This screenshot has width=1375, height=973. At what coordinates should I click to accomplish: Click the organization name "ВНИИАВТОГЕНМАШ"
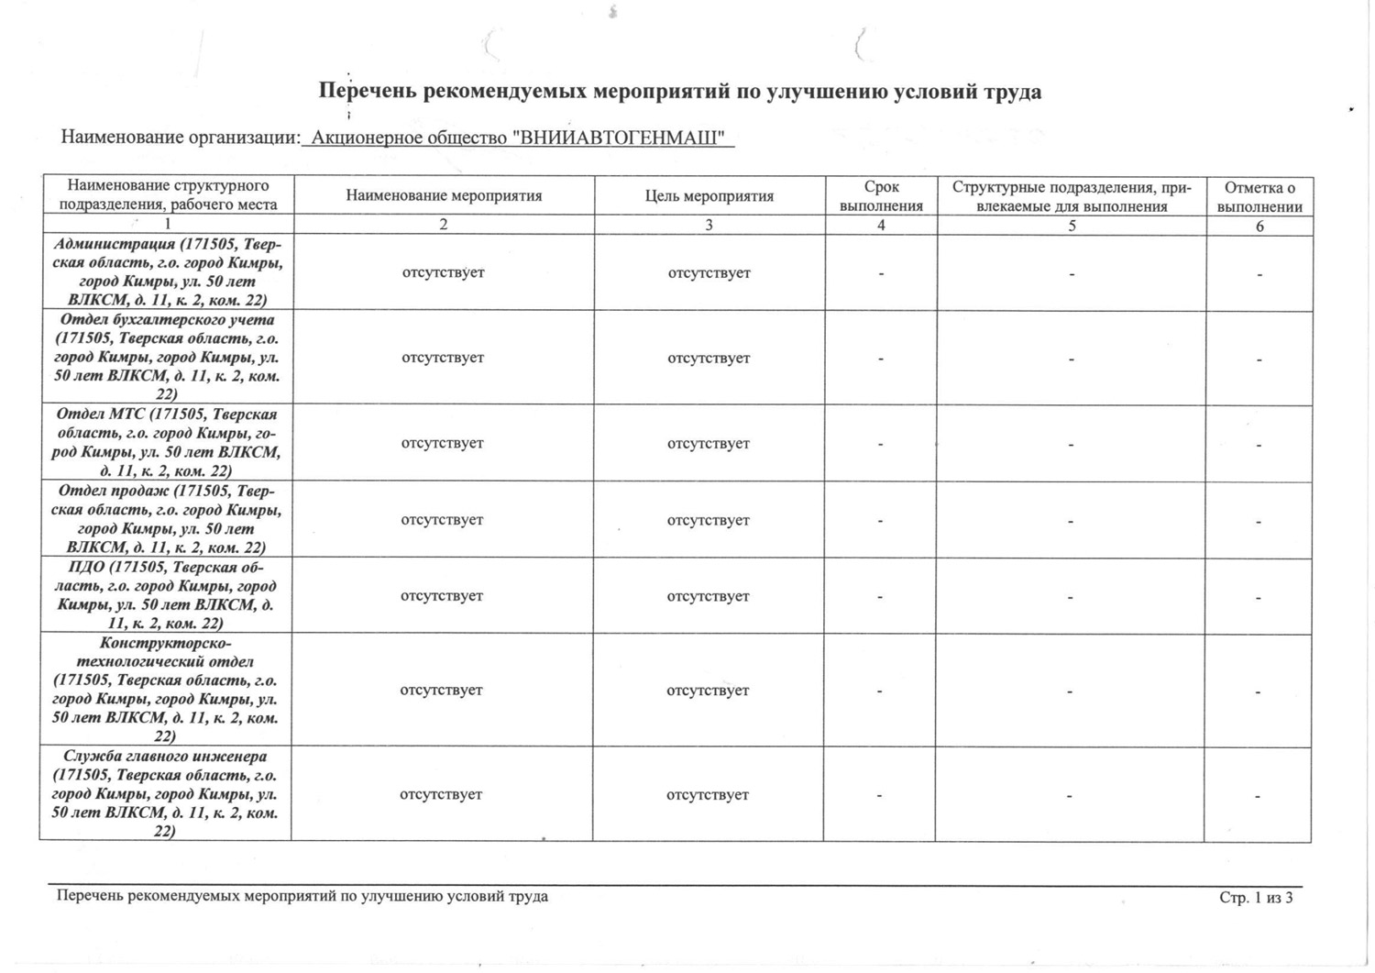click(622, 138)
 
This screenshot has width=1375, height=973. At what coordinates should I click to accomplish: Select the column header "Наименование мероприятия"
click(444, 195)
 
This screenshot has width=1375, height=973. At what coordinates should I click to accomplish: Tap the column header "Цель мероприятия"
click(709, 196)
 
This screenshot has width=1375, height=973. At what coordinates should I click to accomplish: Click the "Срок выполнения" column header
click(881, 196)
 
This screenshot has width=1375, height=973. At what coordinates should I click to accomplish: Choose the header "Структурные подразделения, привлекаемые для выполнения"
click(1072, 196)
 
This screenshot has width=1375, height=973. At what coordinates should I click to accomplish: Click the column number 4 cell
click(881, 225)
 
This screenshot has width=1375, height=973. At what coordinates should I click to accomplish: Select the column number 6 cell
click(1259, 226)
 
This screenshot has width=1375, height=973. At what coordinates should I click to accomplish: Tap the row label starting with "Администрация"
click(168, 272)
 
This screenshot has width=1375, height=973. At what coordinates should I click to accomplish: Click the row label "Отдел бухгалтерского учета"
click(167, 357)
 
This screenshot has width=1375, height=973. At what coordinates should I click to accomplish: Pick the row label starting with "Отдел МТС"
click(167, 443)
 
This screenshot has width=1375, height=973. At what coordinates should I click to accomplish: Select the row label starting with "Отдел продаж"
click(167, 519)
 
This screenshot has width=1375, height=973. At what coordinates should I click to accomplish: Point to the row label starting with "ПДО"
click(166, 595)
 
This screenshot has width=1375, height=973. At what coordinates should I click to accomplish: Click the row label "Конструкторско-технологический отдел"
click(166, 689)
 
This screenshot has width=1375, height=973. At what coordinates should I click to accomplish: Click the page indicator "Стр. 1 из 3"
click(1256, 898)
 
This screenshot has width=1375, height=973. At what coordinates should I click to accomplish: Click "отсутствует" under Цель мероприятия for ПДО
click(708, 596)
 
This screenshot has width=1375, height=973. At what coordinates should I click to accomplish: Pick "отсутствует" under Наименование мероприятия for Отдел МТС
click(442, 443)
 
